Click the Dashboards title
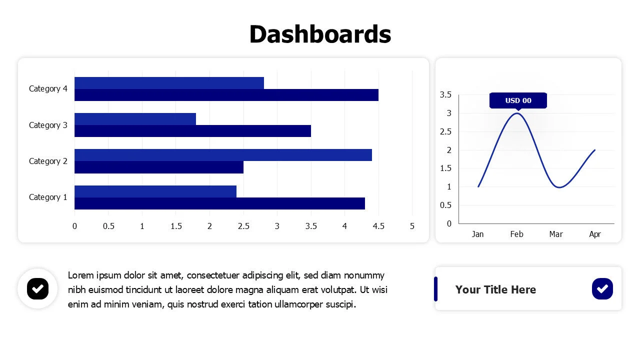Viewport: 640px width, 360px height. tap(320, 34)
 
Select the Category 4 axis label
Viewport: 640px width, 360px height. tap(48, 89)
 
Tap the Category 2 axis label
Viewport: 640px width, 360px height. tap(48, 161)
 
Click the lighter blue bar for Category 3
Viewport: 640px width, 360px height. tap(135, 119)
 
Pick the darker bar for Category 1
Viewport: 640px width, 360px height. tap(219, 203)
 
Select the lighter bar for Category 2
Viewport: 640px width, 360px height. tap(223, 155)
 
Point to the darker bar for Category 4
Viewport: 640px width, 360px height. tap(226, 95)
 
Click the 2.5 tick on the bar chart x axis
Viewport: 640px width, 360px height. tap(243, 226)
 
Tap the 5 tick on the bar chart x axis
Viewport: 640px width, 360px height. tap(412, 226)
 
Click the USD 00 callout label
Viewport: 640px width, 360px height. tap(518, 100)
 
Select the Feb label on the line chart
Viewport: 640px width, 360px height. tap(516, 234)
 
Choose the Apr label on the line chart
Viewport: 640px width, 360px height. tap(595, 234)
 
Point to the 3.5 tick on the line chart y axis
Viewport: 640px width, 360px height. tap(445, 94)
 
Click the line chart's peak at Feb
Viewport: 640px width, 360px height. tap(517, 113)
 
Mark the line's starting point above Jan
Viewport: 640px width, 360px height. tap(478, 186)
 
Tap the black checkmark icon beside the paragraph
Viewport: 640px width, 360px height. tap(37, 289)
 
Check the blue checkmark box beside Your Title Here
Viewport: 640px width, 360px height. tap(602, 289)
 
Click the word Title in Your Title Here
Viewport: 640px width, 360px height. tap(495, 289)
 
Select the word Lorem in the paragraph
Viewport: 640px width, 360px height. tap(81, 275)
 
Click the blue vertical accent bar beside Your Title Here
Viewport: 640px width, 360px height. tap(435, 289)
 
